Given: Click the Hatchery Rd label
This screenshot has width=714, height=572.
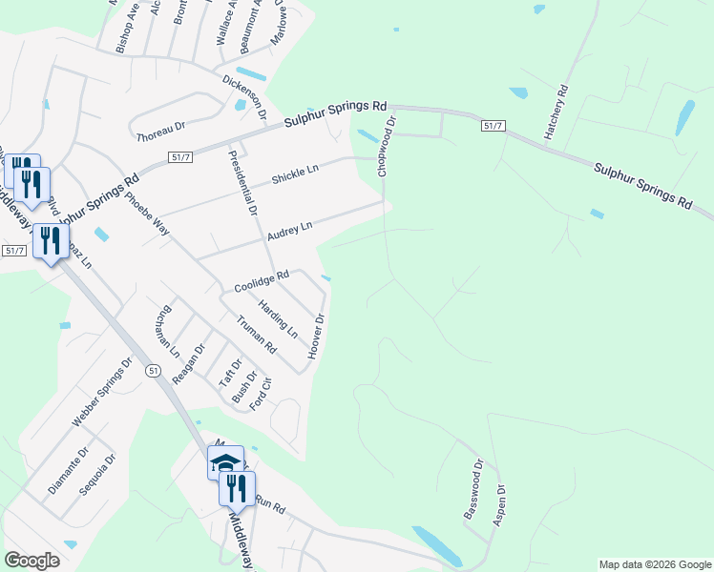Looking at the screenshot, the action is [x=556, y=113].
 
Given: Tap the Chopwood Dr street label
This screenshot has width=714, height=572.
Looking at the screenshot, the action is [x=384, y=147].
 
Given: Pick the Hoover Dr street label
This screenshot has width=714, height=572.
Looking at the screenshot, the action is [x=317, y=337].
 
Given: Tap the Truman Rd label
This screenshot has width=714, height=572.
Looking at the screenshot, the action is [x=256, y=334].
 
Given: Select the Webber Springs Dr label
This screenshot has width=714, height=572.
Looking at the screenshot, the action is [x=100, y=393].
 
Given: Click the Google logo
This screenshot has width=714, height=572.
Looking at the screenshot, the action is [x=31, y=561].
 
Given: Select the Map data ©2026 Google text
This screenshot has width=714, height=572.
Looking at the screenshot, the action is [x=654, y=564].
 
